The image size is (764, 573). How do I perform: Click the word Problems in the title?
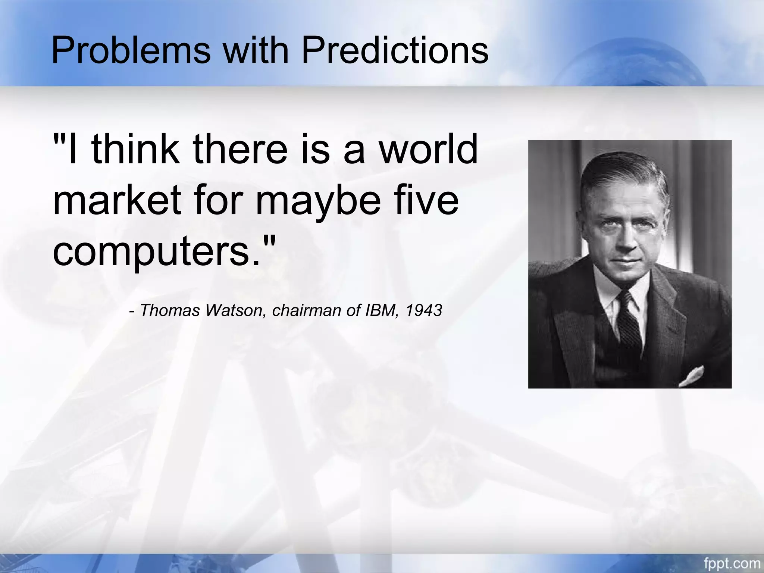coord(131,51)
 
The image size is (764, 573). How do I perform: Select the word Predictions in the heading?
coord(395,51)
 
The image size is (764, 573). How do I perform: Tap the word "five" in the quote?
coord(425,202)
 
